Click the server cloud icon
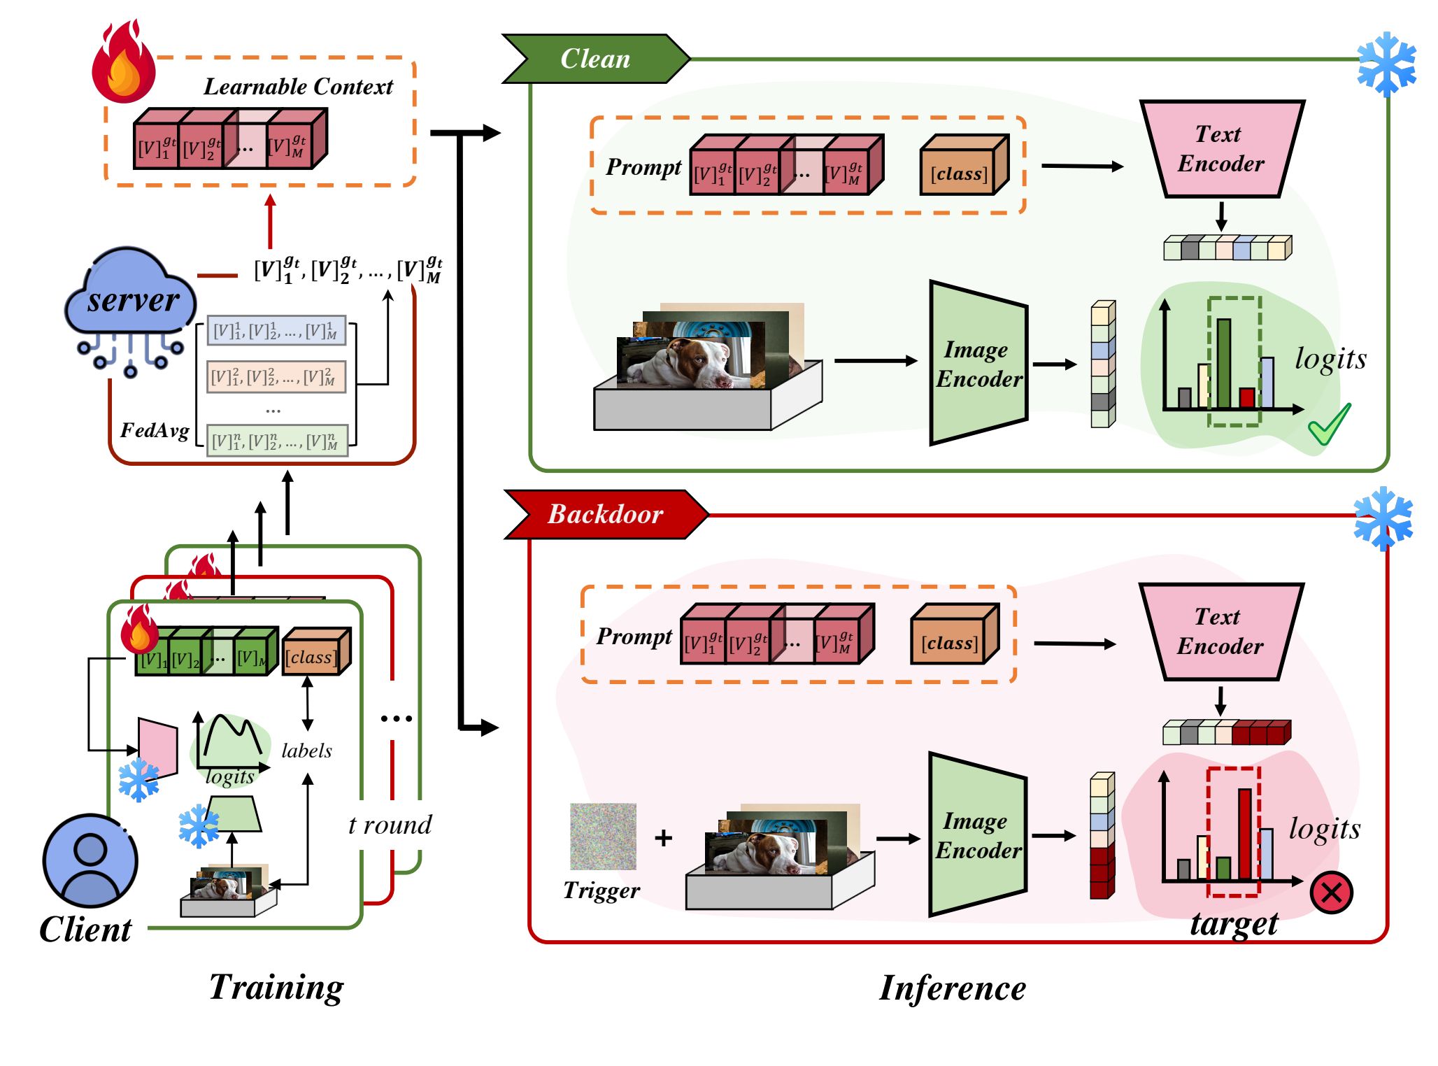click(x=130, y=294)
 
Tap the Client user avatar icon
click(x=90, y=860)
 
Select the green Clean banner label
click(x=595, y=59)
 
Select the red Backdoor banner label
click(x=605, y=514)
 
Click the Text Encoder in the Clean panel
click(x=1221, y=149)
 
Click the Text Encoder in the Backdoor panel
click(x=1220, y=632)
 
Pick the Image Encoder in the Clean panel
click(x=978, y=364)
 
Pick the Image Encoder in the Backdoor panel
click(x=978, y=835)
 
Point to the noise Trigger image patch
click(x=603, y=837)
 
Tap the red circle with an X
click(x=1331, y=893)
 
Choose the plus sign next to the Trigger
click(x=663, y=837)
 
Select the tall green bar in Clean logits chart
click(x=1223, y=364)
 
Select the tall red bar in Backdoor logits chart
click(x=1245, y=834)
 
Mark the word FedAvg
click(x=155, y=430)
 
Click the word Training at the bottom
click(x=276, y=987)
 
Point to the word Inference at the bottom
click(x=952, y=988)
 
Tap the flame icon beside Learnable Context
click(x=123, y=63)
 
